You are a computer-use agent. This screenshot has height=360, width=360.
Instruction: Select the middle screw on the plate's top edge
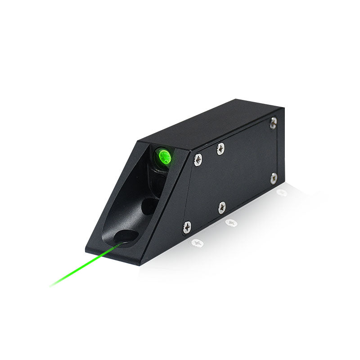[220, 148]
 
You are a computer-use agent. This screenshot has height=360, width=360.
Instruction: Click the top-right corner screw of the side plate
[273, 123]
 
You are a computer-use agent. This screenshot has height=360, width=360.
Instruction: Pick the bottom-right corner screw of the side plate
[273, 178]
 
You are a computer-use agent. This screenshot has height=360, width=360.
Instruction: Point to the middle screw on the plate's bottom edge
[222, 207]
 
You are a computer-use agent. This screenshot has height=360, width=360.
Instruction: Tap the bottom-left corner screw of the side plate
[187, 227]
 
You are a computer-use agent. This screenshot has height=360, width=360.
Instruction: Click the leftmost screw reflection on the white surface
[197, 243]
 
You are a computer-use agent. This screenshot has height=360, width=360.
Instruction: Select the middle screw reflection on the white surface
[231, 222]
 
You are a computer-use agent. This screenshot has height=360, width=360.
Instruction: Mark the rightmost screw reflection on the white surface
[282, 193]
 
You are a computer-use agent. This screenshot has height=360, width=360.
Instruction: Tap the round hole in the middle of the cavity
[149, 206]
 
